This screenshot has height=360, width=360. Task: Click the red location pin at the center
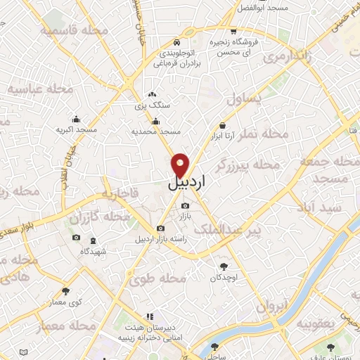pos(181,165)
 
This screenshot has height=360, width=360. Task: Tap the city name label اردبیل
pos(188,184)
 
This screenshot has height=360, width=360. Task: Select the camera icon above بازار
pos(185,205)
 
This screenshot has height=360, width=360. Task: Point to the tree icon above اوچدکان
pos(224,266)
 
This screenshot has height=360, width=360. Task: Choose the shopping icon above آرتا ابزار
pos(222,124)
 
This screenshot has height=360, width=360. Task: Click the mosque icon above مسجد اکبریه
pos(76,120)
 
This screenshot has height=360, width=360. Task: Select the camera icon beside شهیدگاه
pos(76,238)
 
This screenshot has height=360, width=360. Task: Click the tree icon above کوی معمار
pos(66,290)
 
